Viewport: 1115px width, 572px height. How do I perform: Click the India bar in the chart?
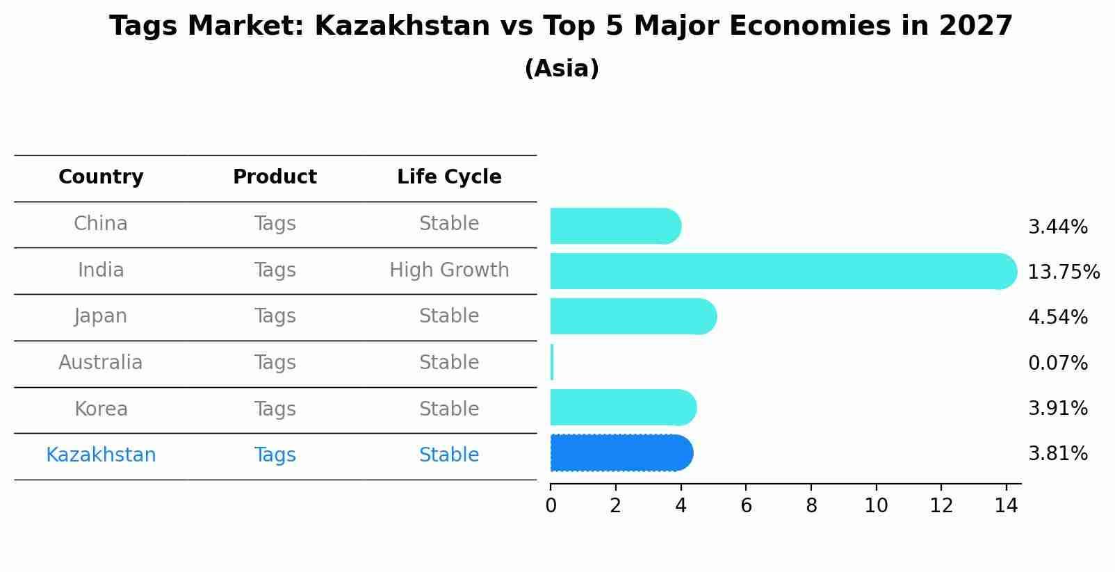[779, 271]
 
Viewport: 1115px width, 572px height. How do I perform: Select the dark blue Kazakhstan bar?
[619, 453]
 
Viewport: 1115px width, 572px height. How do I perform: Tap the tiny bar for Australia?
[552, 362]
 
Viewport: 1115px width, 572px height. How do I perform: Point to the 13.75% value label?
[1064, 272]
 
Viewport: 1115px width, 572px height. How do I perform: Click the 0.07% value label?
[1057, 363]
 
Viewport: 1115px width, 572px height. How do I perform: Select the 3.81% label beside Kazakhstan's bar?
[1057, 454]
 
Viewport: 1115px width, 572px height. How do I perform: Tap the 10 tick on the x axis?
[876, 506]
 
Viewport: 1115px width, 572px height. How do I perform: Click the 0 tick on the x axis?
[551, 506]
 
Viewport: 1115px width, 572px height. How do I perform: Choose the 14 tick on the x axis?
[1006, 506]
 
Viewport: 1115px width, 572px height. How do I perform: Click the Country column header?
[101, 177]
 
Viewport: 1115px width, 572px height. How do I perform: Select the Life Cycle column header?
[449, 177]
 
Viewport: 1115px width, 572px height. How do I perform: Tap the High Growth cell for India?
[449, 270]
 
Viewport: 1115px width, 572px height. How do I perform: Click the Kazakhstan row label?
[101, 455]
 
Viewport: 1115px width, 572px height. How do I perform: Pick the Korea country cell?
[101, 409]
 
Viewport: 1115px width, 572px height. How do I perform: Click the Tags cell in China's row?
[275, 224]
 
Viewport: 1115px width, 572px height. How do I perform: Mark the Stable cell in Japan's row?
[449, 316]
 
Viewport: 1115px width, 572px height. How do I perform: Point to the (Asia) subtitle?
[562, 69]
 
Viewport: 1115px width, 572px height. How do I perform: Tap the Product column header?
[275, 177]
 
